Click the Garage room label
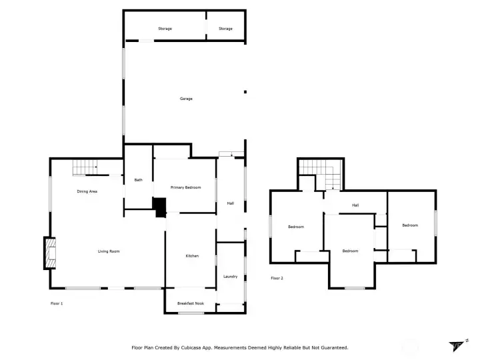(x=186, y=99)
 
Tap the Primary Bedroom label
(x=185, y=187)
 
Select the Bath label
(x=139, y=180)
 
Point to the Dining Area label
(x=87, y=191)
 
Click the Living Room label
(x=109, y=251)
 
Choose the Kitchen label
(x=192, y=256)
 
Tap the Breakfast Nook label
(x=191, y=303)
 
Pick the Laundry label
(x=231, y=277)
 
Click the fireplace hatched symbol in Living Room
(x=51, y=253)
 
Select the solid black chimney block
(x=160, y=207)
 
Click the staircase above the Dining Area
(x=85, y=167)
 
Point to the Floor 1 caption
(x=57, y=303)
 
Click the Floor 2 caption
(x=277, y=278)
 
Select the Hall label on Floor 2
(x=355, y=205)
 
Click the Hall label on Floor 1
(x=231, y=203)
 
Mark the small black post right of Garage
(x=245, y=92)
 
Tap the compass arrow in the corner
(x=455, y=346)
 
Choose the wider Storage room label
(x=165, y=29)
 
